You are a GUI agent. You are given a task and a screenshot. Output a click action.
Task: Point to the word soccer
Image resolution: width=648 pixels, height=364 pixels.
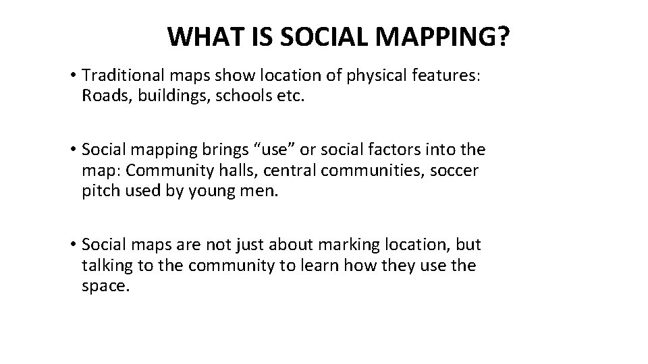pos(453,171)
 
